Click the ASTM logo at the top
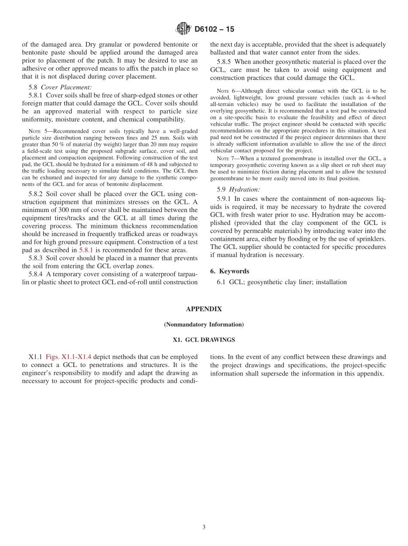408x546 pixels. pos(183,29)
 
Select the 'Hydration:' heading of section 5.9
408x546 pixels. pos(244,189)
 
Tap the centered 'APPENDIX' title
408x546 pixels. pos(204,309)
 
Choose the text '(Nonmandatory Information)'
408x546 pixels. pos(204,325)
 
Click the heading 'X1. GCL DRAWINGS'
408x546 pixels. pos(204,340)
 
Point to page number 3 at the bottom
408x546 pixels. pos(204,527)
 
